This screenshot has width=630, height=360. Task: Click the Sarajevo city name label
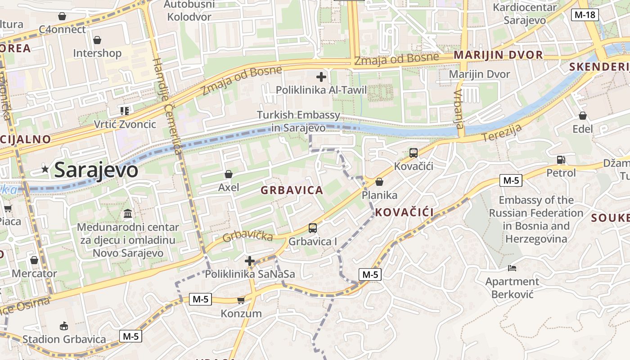pyautogui.click(x=96, y=170)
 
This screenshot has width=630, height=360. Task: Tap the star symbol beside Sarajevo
pyautogui.click(x=45, y=169)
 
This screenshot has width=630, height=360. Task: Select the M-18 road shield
pyautogui.click(x=585, y=15)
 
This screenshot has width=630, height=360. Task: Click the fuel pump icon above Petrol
pyautogui.click(x=561, y=159)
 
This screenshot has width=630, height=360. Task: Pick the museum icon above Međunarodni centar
pyautogui.click(x=128, y=213)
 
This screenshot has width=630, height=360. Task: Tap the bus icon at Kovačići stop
pyautogui.click(x=413, y=153)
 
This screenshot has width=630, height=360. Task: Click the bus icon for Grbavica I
pyautogui.click(x=313, y=228)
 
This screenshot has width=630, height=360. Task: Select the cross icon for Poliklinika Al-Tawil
pyautogui.click(x=321, y=77)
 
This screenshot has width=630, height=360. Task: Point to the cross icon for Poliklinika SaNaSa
pyautogui.click(x=250, y=261)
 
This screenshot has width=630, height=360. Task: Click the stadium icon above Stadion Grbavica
pyautogui.click(x=64, y=326)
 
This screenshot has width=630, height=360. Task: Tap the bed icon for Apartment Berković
pyautogui.click(x=512, y=268)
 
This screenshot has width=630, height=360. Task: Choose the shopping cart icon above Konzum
pyautogui.click(x=241, y=300)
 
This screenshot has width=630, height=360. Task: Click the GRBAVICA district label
pyautogui.click(x=292, y=190)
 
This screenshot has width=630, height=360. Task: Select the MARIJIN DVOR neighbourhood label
pyautogui.click(x=498, y=55)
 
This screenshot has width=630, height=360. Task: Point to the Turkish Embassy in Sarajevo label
pyautogui.click(x=298, y=121)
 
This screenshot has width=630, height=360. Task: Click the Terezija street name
pyautogui.click(x=502, y=133)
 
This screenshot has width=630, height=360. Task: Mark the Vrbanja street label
pyautogui.click(x=459, y=108)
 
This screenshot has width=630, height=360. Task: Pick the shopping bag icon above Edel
pyautogui.click(x=583, y=116)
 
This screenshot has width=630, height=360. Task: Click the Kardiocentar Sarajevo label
pyautogui.click(x=525, y=13)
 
